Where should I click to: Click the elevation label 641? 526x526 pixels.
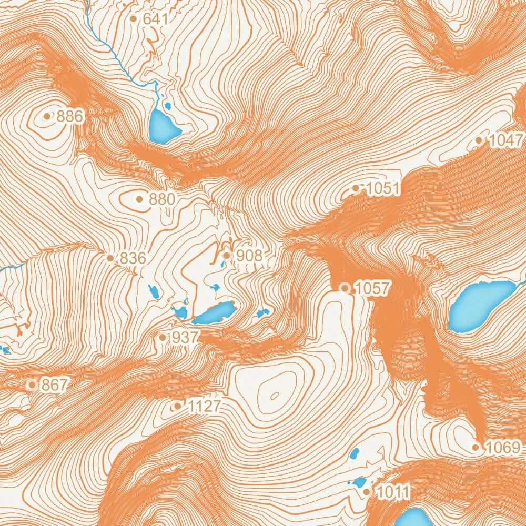point(155,19)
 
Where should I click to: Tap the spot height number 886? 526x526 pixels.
point(70,116)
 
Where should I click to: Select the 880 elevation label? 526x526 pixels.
point(162,199)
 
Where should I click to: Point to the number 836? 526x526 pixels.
point(133,258)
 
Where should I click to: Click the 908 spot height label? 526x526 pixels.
point(249,256)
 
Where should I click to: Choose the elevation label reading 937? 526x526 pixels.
point(184,338)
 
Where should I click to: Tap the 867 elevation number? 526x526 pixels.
point(55,385)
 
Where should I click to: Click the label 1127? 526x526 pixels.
point(204,406)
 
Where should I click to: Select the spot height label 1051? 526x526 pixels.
point(383,188)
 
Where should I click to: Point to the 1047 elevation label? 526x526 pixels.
point(507,140)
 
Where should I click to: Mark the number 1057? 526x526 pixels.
point(372,288)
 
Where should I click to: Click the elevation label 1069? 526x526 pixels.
point(502,448)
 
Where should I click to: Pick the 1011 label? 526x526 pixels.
point(393,492)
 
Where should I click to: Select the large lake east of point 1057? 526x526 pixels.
point(479,305)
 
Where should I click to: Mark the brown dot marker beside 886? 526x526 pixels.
point(47,116)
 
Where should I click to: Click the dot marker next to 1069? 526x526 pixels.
point(476,448)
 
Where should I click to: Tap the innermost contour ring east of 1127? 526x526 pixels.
point(274,396)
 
